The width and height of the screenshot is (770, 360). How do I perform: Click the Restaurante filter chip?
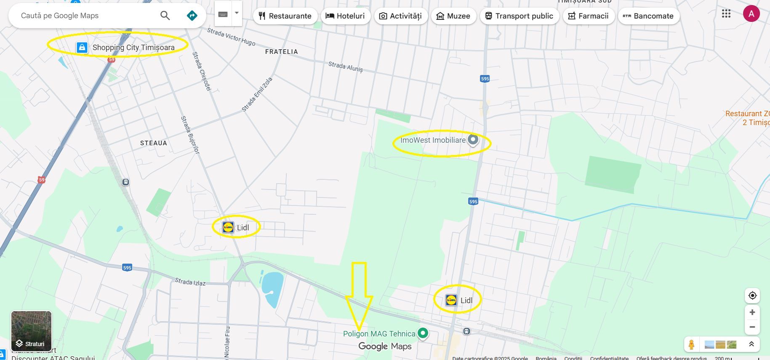click(x=285, y=16)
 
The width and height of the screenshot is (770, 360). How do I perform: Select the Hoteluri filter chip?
click(x=345, y=16)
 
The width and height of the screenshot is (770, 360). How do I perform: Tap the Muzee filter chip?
click(x=453, y=16)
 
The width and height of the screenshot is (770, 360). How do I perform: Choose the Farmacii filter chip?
click(x=588, y=16)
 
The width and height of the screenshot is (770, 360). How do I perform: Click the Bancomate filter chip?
click(x=648, y=16)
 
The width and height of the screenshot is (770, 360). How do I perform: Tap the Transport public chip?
click(x=519, y=16)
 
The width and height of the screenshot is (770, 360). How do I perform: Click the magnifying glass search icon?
click(x=165, y=16)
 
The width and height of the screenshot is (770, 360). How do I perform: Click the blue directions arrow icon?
click(x=192, y=16)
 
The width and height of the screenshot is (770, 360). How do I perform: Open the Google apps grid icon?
click(x=726, y=14)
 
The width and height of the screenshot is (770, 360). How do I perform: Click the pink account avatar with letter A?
click(x=751, y=14)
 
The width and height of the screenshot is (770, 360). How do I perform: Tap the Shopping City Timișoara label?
click(x=133, y=48)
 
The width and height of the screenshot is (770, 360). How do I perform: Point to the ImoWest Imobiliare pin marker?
click(x=473, y=139)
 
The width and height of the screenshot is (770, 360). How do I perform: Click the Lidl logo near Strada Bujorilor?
click(x=228, y=227)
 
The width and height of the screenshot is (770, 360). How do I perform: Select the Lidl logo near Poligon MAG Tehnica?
click(x=451, y=300)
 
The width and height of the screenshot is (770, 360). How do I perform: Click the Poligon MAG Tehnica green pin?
click(x=423, y=333)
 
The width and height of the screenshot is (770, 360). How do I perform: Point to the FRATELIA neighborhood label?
click(x=281, y=52)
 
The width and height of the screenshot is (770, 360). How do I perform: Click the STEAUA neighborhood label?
click(x=154, y=143)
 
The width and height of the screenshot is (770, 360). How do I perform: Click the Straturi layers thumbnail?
click(x=31, y=331)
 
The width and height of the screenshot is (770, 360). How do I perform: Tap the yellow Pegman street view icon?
click(x=691, y=344)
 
